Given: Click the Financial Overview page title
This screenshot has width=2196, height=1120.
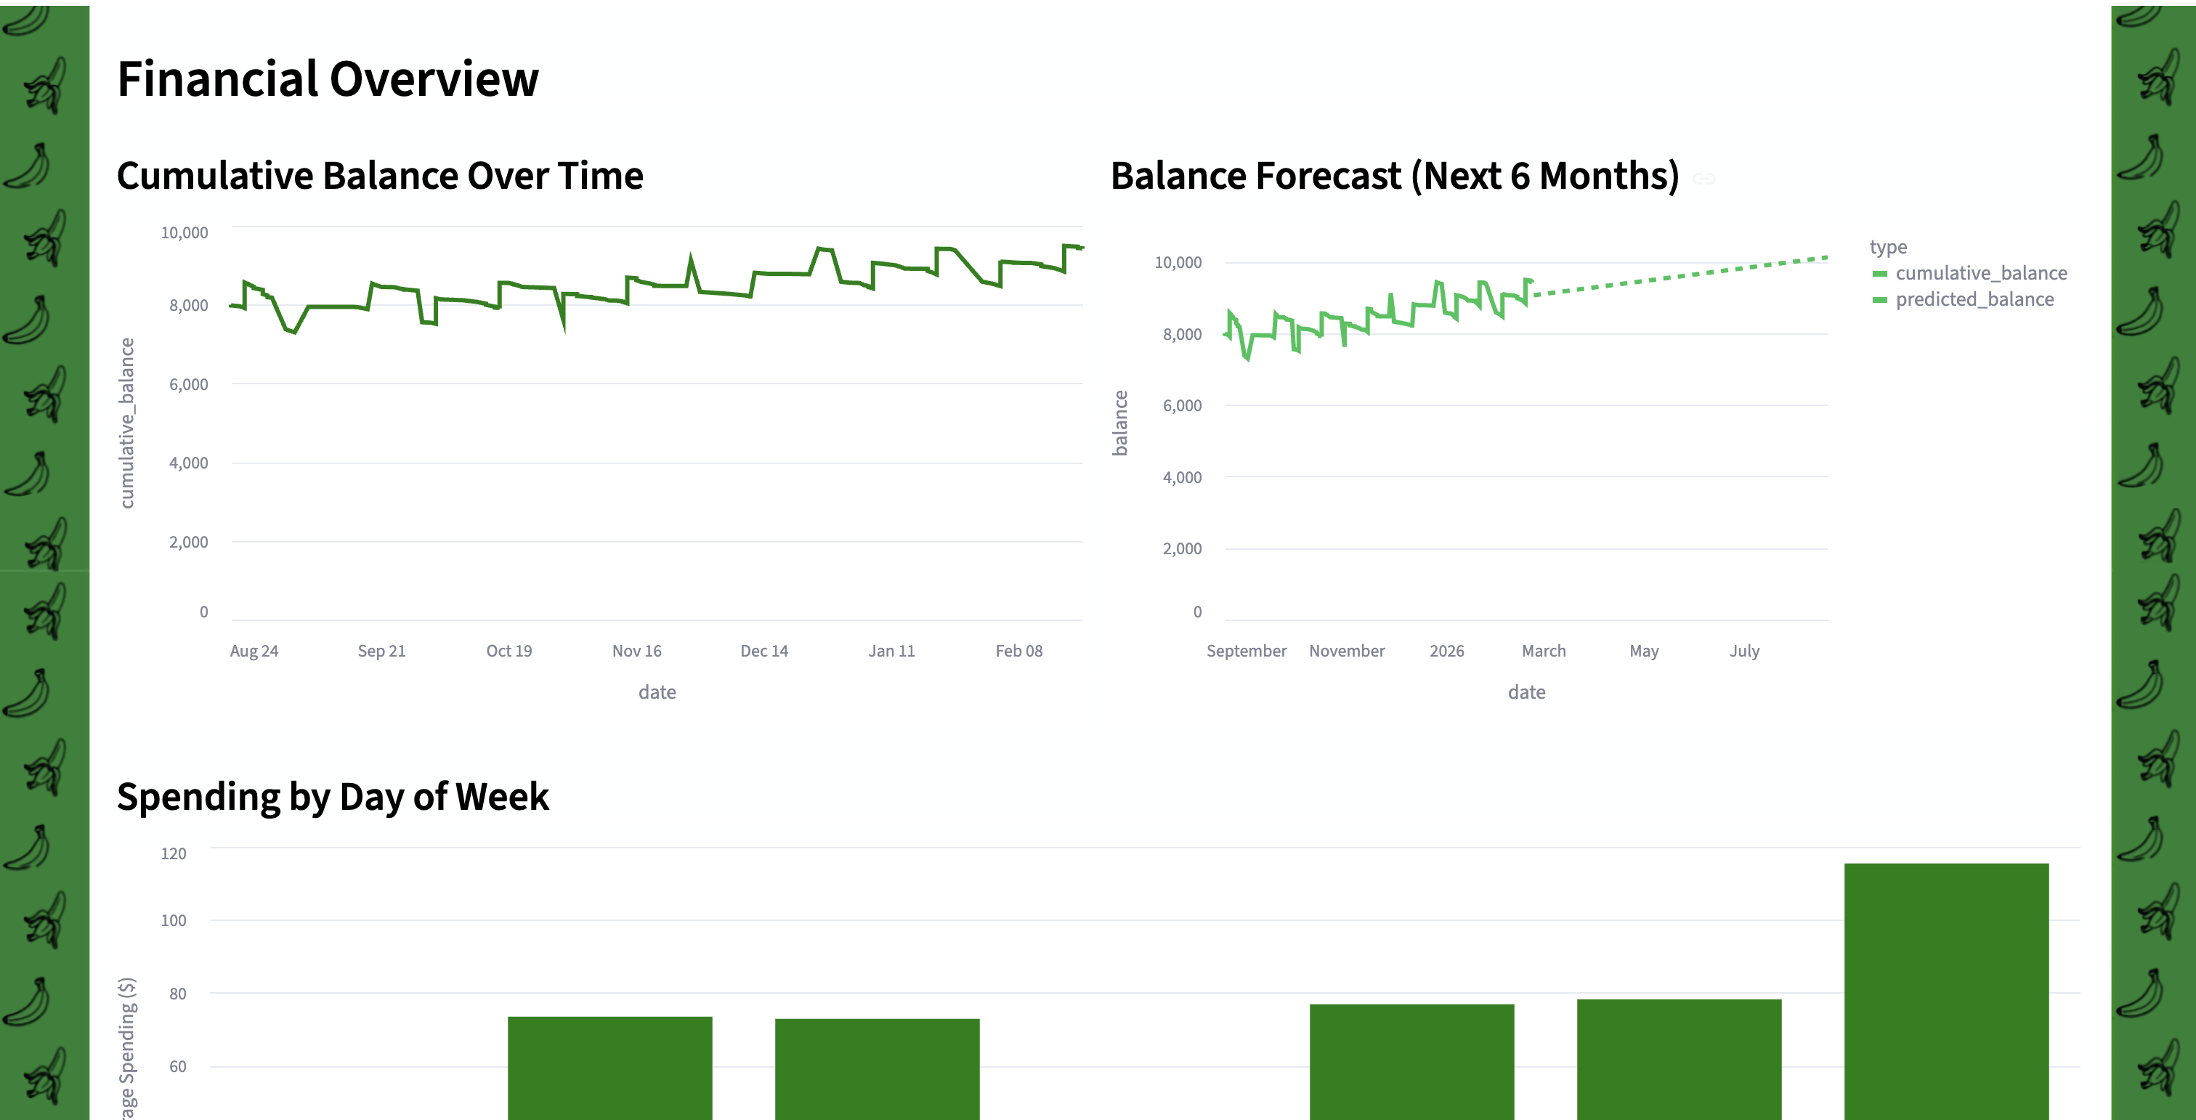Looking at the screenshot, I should [328, 79].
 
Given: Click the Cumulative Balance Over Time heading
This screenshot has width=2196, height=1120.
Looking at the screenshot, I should [379, 176].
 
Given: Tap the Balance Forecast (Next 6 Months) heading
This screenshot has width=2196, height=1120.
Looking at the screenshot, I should [1394, 176].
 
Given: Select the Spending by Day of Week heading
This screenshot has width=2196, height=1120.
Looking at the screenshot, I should [333, 797].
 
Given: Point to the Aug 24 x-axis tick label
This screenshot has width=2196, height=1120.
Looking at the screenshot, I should [254, 652].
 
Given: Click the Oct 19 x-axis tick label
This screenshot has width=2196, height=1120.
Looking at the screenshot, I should [509, 652].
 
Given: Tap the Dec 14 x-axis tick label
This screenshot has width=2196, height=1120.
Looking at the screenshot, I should [763, 652].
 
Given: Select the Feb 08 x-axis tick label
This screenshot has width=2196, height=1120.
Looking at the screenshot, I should [1018, 652].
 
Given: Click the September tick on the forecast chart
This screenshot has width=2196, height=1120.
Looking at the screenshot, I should [1246, 652].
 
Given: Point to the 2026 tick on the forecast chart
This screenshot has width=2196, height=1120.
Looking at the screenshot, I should [1446, 652].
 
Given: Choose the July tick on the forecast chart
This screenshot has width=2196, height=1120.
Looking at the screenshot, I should [1743, 652].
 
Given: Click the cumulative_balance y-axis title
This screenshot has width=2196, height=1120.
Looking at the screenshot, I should [127, 423].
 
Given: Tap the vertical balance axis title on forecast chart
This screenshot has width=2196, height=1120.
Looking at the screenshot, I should [1120, 423].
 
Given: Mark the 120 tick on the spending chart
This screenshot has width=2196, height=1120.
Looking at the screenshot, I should [173, 854].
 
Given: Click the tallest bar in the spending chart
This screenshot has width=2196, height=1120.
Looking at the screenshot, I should [1945, 989].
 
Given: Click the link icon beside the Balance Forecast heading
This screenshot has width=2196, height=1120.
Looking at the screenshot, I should [1703, 179].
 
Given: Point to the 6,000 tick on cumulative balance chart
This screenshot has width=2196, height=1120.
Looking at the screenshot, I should [188, 384].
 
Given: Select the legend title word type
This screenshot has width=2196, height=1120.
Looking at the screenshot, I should [1887, 247].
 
